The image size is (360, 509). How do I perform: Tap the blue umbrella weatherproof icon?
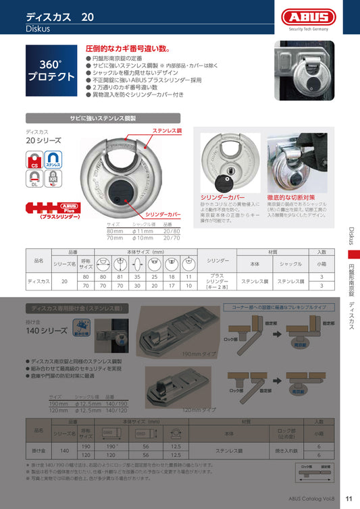click(x=80, y=329)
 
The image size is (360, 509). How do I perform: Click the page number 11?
click(x=349, y=498)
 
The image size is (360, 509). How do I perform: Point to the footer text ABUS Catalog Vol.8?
click(x=310, y=499)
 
